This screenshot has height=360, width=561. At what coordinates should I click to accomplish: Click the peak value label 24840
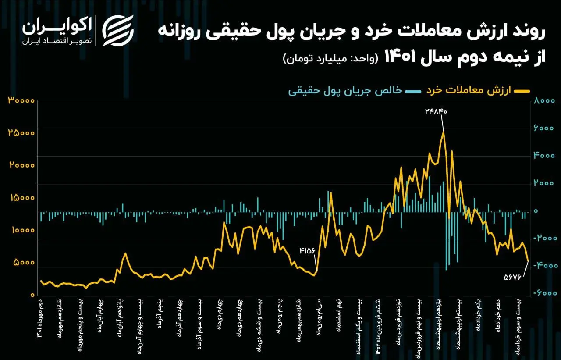[x=436, y=111]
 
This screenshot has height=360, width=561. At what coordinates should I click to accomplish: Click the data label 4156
[x=307, y=251]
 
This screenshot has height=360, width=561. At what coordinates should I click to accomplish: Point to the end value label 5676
[x=515, y=277]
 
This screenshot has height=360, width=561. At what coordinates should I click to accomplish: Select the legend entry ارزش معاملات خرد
[x=478, y=90]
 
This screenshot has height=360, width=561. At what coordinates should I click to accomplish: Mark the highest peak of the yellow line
[x=443, y=132]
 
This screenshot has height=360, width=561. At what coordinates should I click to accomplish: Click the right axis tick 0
[x=535, y=211]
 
